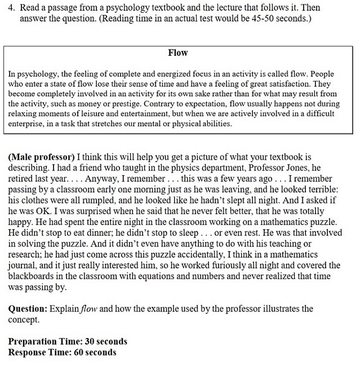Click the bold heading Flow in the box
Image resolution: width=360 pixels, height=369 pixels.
point(178,52)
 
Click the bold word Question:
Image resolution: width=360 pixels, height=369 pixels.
point(28,309)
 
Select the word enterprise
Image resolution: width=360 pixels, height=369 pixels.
point(25,124)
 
